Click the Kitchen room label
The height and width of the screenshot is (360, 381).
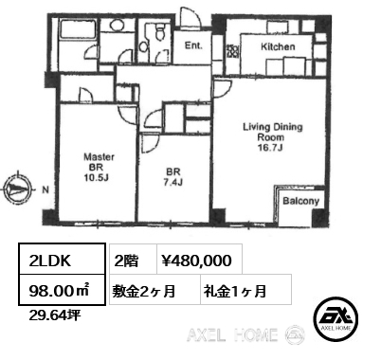tap(278, 46)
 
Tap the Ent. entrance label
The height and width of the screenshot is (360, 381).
tap(193, 45)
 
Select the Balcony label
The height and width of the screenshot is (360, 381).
tap(300, 201)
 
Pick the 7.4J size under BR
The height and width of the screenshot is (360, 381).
tap(172, 182)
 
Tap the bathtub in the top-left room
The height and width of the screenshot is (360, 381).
tap(79, 29)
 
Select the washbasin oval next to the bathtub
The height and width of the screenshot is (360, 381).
tap(118, 25)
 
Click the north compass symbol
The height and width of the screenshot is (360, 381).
tap(18, 189)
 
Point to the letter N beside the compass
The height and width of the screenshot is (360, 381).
tap(45, 189)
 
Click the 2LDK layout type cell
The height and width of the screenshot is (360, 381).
tap(62, 259)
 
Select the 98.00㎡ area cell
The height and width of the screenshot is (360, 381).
tap(62, 290)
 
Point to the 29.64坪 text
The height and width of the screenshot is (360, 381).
tap(55, 315)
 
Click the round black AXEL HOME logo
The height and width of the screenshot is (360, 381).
tap(336, 319)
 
